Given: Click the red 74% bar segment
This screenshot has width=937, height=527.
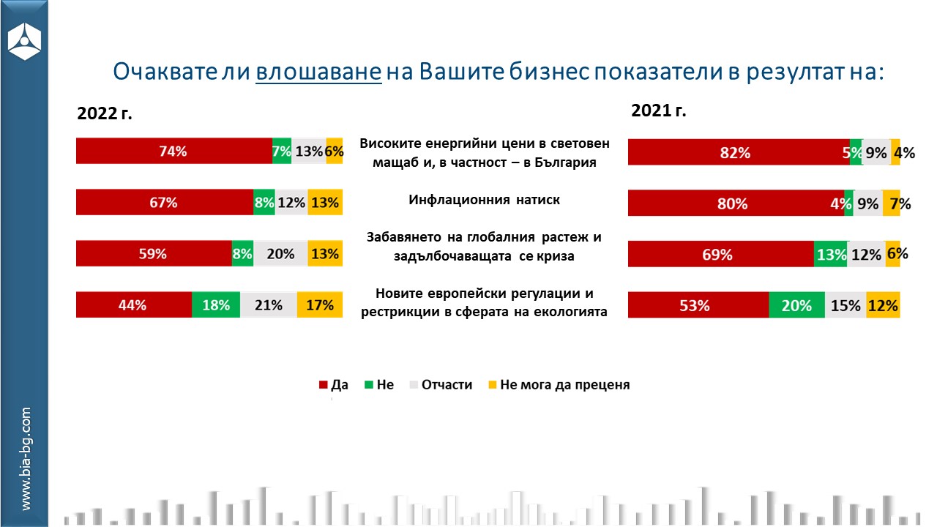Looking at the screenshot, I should (x=173, y=152).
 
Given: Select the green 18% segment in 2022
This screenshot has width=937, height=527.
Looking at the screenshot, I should (x=216, y=305).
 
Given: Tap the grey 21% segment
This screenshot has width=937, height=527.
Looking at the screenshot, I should (x=269, y=305).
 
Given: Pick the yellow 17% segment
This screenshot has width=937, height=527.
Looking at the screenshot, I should (x=320, y=305).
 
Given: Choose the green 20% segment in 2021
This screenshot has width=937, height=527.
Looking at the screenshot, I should (x=796, y=305).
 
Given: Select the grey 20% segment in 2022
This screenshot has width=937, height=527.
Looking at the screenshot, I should (x=280, y=254).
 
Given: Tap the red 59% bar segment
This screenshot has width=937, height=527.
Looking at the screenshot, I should (x=154, y=254).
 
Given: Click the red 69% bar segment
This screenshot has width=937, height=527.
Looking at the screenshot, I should (x=720, y=254).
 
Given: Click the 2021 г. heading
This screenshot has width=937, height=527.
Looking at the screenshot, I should (x=659, y=111).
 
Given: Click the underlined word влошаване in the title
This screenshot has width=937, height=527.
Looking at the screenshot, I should (x=319, y=72).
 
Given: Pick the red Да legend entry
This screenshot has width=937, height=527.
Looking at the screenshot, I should (x=333, y=384).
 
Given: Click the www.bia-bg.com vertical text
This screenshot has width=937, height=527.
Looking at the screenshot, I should (x=26, y=459).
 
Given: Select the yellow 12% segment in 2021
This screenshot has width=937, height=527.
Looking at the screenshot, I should (x=883, y=305).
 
